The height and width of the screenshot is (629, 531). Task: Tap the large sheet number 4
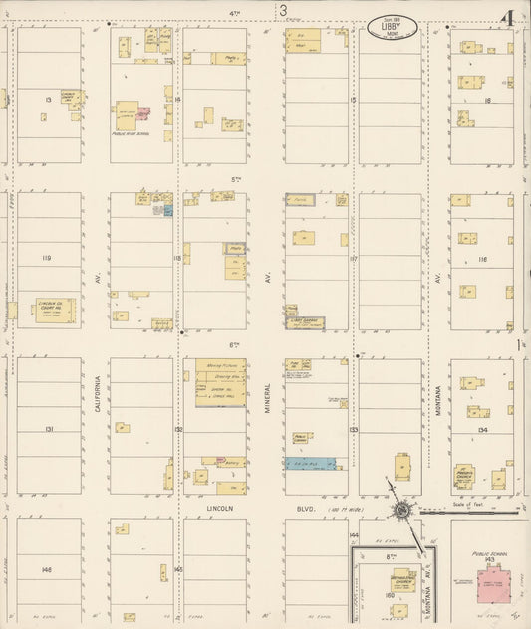508,18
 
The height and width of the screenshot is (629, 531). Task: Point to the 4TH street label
235,13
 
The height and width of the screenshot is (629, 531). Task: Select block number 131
48,429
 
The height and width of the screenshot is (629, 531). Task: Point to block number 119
46,258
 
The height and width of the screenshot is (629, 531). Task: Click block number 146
47,569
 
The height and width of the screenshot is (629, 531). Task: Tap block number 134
482,429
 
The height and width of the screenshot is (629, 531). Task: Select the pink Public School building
488,586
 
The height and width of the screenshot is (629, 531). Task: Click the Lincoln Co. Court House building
56,311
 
